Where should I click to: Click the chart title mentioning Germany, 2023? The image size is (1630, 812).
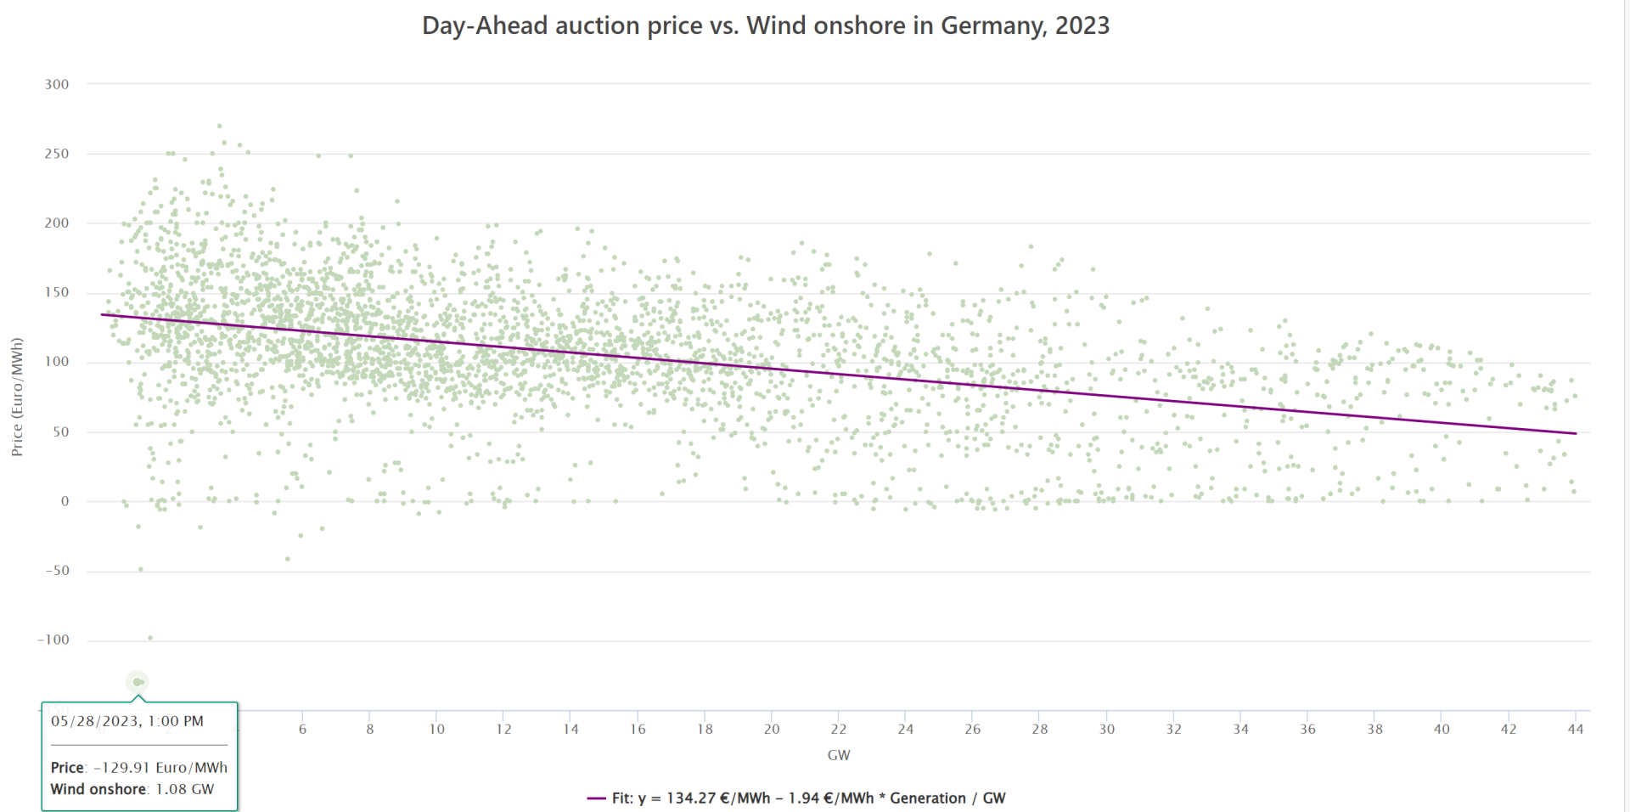coord(765,25)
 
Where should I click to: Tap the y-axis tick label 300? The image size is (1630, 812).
coord(57,84)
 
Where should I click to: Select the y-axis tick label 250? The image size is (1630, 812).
coord(57,154)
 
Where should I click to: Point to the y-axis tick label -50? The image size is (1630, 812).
coord(57,571)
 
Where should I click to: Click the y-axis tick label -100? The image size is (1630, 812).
coord(53,640)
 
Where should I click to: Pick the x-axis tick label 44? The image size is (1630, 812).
coord(1576,729)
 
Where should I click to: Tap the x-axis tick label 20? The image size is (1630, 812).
coord(772,729)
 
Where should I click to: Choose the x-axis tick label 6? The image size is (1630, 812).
coord(302,729)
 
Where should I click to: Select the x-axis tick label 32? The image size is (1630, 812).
coord(1173,729)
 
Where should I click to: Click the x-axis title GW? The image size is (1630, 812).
coord(839,755)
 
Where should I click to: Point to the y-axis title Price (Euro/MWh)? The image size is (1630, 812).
coord(17,397)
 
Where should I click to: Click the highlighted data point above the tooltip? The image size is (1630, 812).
coord(138,682)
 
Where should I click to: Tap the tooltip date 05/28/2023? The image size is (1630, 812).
coord(95,721)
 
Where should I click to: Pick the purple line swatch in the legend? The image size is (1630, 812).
coord(596,798)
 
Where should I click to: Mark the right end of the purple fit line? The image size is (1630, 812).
coord(1576,433)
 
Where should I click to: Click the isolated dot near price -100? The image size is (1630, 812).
coord(150,638)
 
